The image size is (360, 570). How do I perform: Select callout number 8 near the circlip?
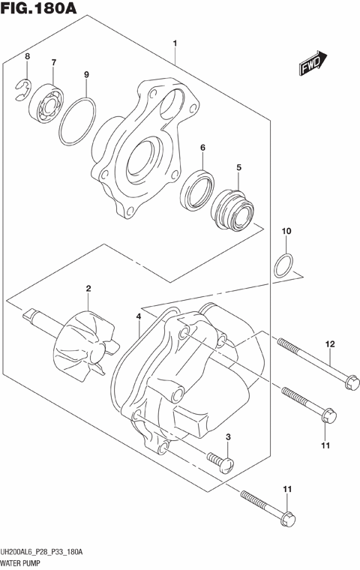tap(27, 57)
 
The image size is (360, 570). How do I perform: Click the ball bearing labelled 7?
tap(46, 100)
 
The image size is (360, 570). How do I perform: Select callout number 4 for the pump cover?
tap(139, 317)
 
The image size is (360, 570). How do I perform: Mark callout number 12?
tap(328, 344)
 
